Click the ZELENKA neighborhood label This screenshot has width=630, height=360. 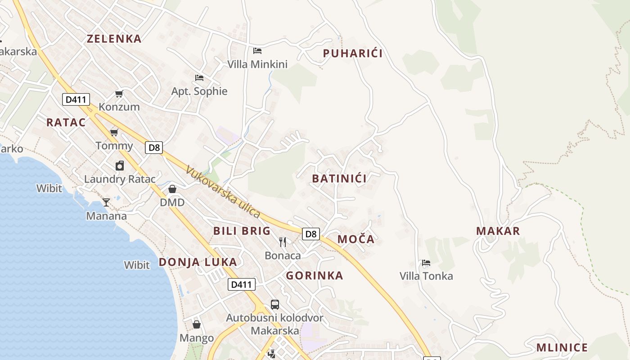pyautogui.click(x=114, y=39)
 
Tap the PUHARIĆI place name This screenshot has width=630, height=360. pyautogui.click(x=353, y=54)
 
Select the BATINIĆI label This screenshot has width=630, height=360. pyautogui.click(x=339, y=179)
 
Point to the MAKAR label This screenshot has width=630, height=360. pyautogui.click(x=498, y=231)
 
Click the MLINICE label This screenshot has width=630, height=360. pyautogui.click(x=562, y=348)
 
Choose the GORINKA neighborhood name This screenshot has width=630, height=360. pyautogui.click(x=315, y=275)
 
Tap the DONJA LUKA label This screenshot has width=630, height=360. pyautogui.click(x=198, y=262)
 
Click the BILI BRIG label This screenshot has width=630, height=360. pyautogui.click(x=242, y=231)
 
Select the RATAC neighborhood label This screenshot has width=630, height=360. pyautogui.click(x=66, y=122)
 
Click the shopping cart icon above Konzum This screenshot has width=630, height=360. pyautogui.click(x=119, y=94)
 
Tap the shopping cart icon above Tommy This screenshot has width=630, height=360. pyautogui.click(x=114, y=132)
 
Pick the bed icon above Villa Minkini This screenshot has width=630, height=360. pyautogui.click(x=257, y=50)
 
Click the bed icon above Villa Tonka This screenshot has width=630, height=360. pyautogui.click(x=426, y=262)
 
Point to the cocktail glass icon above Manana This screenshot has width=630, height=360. pyautogui.click(x=106, y=202)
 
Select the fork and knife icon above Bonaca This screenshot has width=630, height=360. pyautogui.click(x=283, y=242)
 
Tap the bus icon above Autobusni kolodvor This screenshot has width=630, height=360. pyautogui.click(x=275, y=305)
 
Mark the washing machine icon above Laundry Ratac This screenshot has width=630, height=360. pyautogui.click(x=120, y=166)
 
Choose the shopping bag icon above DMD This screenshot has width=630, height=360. pyautogui.click(x=172, y=189)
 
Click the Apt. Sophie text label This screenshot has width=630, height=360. pyautogui.click(x=199, y=91)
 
